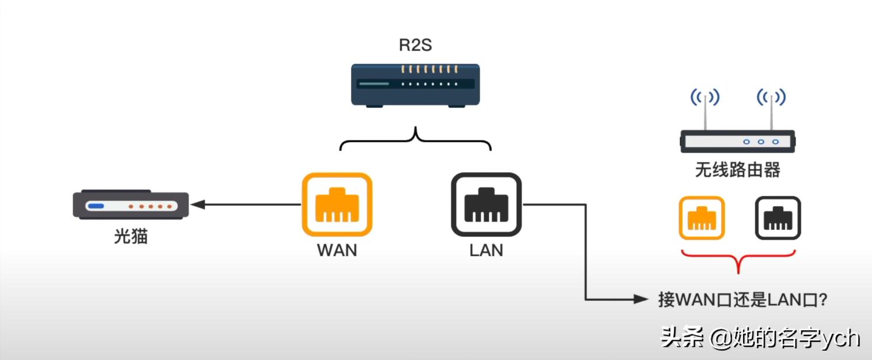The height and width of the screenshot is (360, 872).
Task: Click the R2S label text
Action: pyautogui.click(x=415, y=45)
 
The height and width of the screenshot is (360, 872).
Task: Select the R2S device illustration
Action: pyautogui.click(x=415, y=85)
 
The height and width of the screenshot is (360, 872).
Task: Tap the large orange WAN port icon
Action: pyautogui.click(x=337, y=204)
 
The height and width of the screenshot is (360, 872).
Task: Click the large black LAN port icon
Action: pyautogui.click(x=486, y=204)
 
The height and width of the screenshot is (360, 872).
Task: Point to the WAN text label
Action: pyautogui.click(x=337, y=250)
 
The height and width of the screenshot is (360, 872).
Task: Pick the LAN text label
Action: pyautogui.click(x=486, y=250)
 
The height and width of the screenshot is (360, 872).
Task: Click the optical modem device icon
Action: pyautogui.click(x=131, y=205)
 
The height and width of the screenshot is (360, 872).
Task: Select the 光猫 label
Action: pyautogui.click(x=131, y=236)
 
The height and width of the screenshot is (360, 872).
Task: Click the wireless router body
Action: pyautogui.click(x=737, y=141)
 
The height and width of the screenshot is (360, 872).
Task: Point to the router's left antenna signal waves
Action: pyautogui.click(x=705, y=96)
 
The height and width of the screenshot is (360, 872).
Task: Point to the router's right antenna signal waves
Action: pyautogui.click(x=771, y=96)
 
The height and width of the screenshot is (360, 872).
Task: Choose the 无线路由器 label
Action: pyautogui.click(x=737, y=170)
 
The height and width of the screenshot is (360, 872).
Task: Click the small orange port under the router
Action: pyautogui.click(x=702, y=218)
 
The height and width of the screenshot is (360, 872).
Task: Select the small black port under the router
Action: pyautogui.click(x=778, y=218)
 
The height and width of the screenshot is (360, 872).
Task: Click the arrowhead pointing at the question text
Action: pyautogui.click(x=642, y=299)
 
